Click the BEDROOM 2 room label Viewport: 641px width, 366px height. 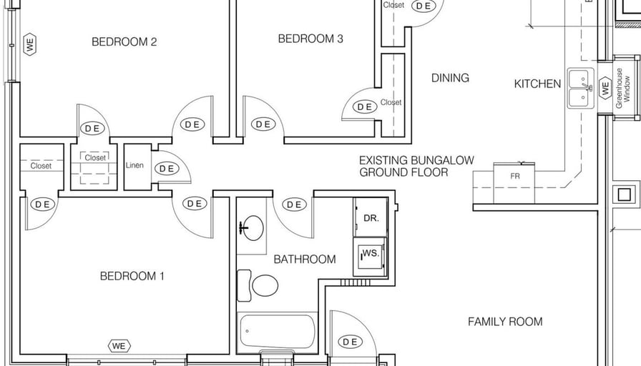tap(124, 41)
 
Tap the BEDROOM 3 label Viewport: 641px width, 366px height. tap(310, 39)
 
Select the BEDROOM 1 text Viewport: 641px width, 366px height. tap(132, 276)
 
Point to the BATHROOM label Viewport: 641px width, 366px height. tap(305, 259)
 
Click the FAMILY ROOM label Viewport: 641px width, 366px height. tap(505, 322)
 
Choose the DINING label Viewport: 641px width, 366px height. tap(450, 78)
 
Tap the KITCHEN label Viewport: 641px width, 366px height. tap(537, 84)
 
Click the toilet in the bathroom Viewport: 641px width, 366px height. tap(258, 285)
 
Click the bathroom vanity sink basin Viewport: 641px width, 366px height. tap(253, 228)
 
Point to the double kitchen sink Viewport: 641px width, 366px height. tap(581, 88)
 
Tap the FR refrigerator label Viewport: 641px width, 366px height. tap(515, 177)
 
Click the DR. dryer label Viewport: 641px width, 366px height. tap(371, 218)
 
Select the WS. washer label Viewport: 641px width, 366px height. tap(371, 253)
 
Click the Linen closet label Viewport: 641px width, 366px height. tap(134, 165)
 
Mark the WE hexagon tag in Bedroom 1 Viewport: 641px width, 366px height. tap(119, 346)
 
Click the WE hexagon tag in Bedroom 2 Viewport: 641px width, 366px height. tap(30, 44)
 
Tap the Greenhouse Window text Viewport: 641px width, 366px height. tap(623, 88)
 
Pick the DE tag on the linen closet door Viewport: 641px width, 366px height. tap(167, 169)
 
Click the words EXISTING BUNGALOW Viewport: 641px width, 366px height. tap(416, 160)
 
